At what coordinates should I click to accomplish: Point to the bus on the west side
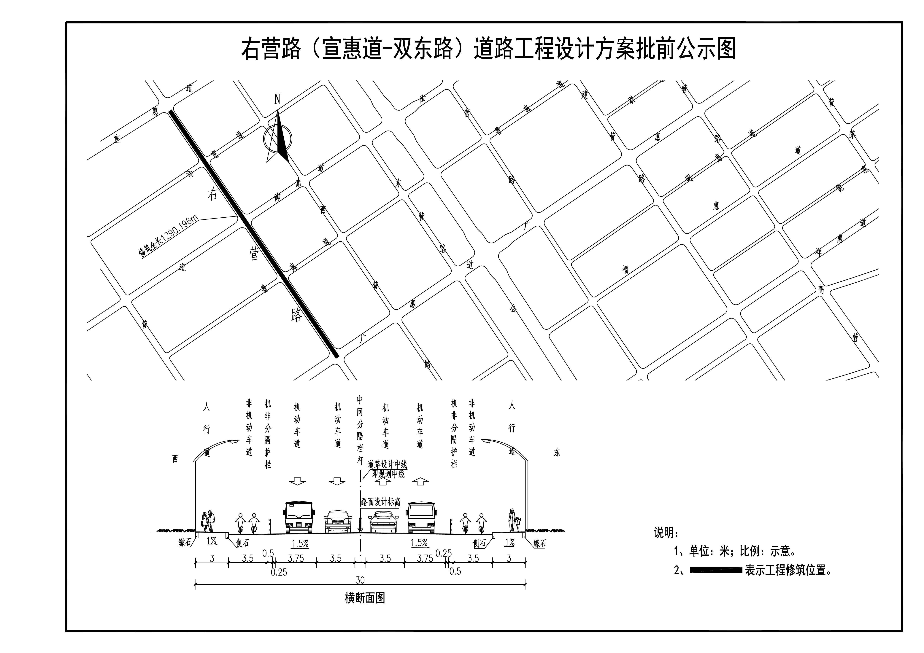pyautogui.click(x=299, y=517)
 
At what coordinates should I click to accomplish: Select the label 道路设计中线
pyautogui.click(x=387, y=464)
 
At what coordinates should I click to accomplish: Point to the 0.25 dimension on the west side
pyautogui.click(x=279, y=572)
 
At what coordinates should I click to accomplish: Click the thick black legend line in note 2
pyautogui.click(x=716, y=570)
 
